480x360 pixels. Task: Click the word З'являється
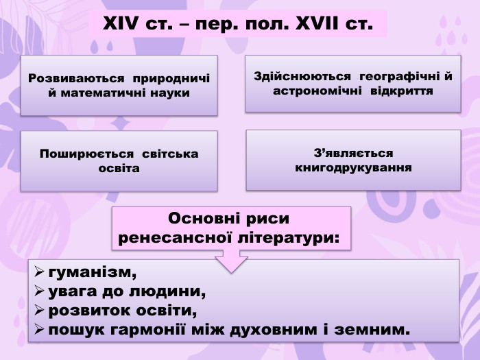[353, 153]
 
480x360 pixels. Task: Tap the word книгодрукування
[353, 167]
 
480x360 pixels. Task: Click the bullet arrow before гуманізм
[40, 273]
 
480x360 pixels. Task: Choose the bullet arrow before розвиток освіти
[40, 311]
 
